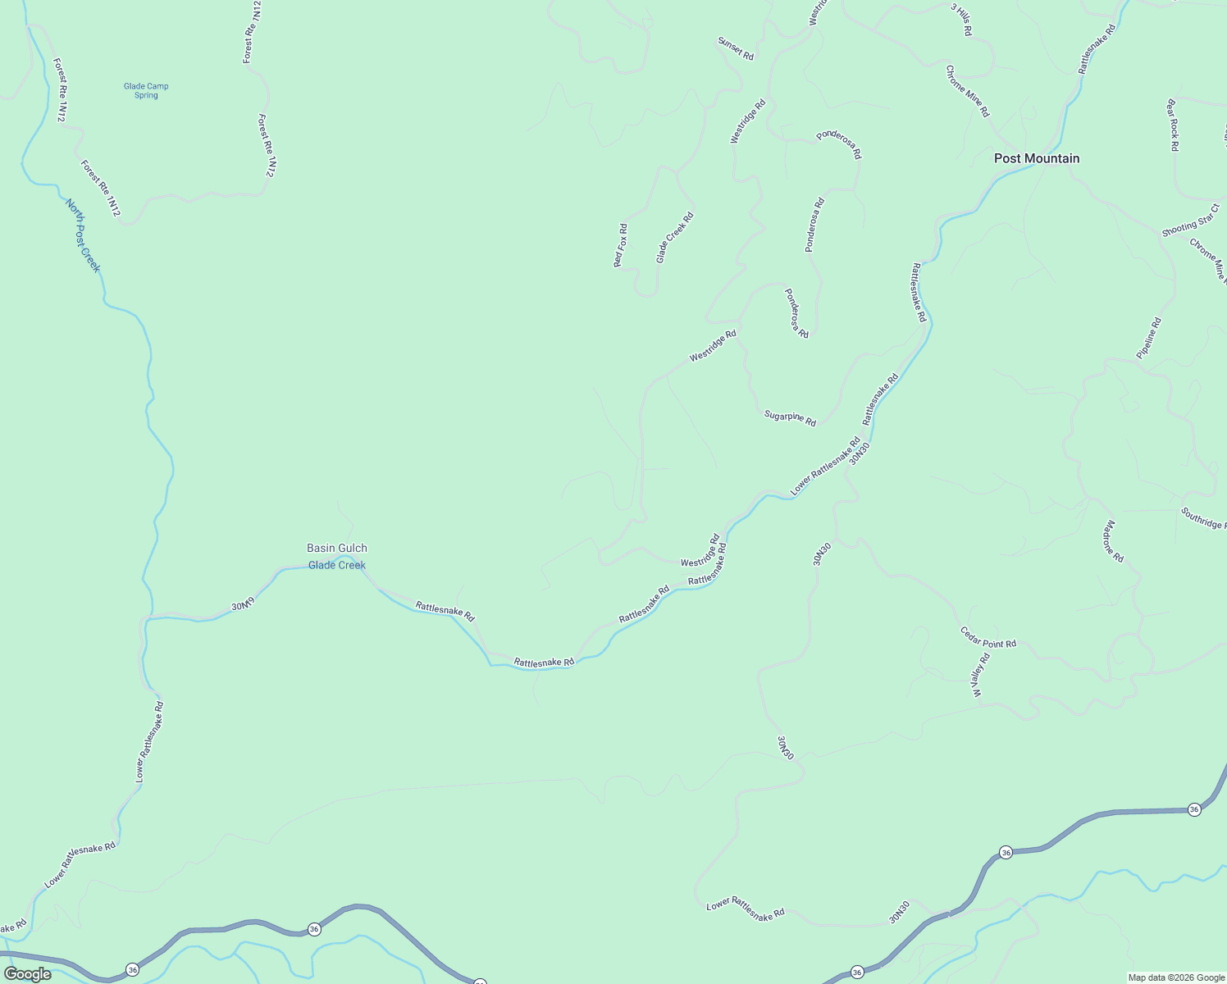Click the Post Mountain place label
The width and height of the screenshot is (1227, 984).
point(1037,158)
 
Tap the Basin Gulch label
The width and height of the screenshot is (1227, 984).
point(336,548)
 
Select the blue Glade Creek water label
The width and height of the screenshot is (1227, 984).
point(336,565)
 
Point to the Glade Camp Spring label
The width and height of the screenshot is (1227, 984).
point(146,90)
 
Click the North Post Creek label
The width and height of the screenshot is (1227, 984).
point(83,235)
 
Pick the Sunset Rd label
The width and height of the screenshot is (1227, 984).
point(735,48)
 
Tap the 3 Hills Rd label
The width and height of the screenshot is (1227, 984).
point(961,19)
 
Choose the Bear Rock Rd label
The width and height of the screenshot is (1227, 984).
point(1173,125)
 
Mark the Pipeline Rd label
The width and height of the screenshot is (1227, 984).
point(1149,338)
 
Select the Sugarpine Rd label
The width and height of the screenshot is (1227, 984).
point(790,418)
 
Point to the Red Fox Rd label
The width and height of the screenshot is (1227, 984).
point(621,245)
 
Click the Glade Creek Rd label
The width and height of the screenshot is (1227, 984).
point(674,238)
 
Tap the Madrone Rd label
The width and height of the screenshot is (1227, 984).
point(1113,541)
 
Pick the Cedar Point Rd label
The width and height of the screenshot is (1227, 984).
point(988,637)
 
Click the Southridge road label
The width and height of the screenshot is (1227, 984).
point(1203,518)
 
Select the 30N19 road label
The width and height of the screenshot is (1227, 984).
point(243,605)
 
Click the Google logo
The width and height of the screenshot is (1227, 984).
point(28,974)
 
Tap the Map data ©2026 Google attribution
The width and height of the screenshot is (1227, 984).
point(1176,977)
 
